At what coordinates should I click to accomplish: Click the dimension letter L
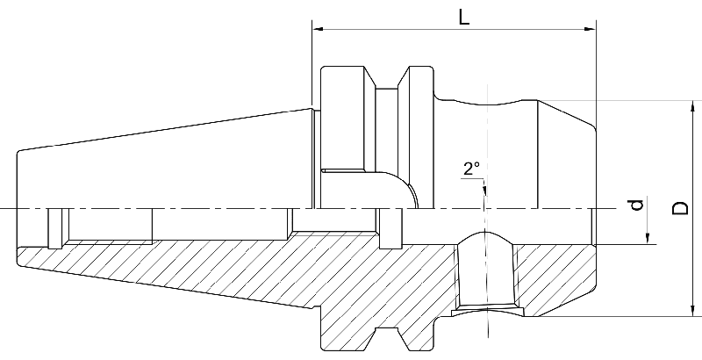click(x=462, y=15)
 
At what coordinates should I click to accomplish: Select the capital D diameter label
click(x=679, y=208)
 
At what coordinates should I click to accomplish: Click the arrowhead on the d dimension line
click(x=648, y=238)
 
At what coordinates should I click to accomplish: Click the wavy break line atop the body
click(x=488, y=98)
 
